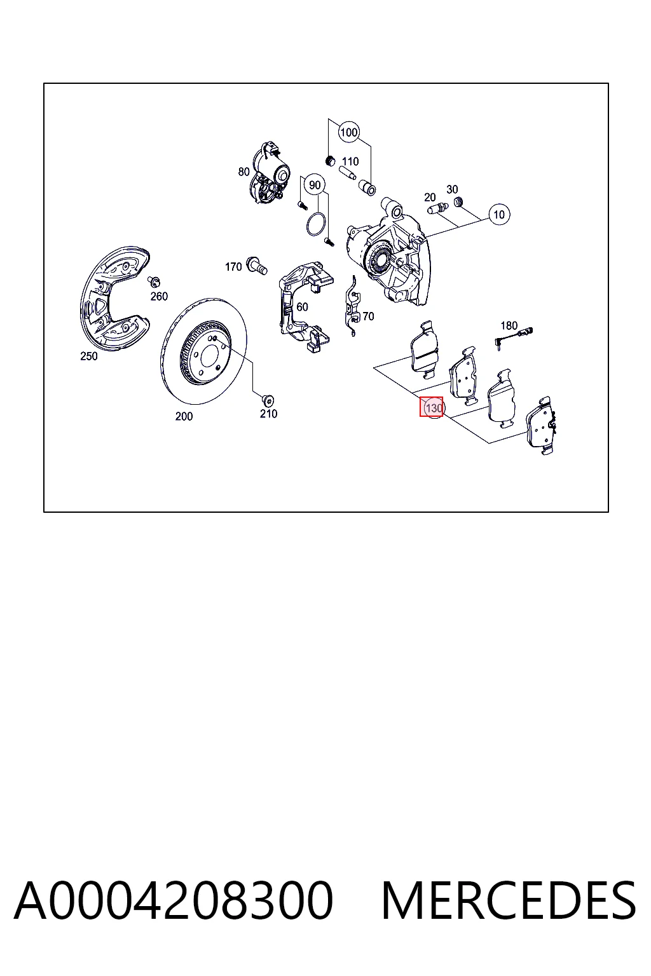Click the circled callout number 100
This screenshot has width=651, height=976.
click(348, 132)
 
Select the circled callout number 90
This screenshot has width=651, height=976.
click(315, 185)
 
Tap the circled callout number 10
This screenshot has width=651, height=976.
click(499, 214)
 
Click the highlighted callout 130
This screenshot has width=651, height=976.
click(431, 407)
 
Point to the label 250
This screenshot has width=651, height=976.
click(88, 356)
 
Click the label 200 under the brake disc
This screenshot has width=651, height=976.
click(184, 416)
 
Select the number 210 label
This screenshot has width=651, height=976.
click(268, 414)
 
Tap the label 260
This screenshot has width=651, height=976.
click(159, 296)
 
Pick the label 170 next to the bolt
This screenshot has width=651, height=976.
click(233, 266)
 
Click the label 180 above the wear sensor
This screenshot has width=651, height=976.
click(509, 325)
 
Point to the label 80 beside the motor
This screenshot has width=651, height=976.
click(243, 172)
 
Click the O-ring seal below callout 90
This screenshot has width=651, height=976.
click(315, 224)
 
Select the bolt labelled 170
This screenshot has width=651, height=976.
click(256, 266)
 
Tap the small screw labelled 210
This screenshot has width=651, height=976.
click(268, 400)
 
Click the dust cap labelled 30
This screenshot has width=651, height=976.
click(458, 202)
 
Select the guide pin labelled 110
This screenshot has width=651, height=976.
click(348, 172)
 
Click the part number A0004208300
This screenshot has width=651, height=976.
click(174, 900)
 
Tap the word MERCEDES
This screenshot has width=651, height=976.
click(509, 900)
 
